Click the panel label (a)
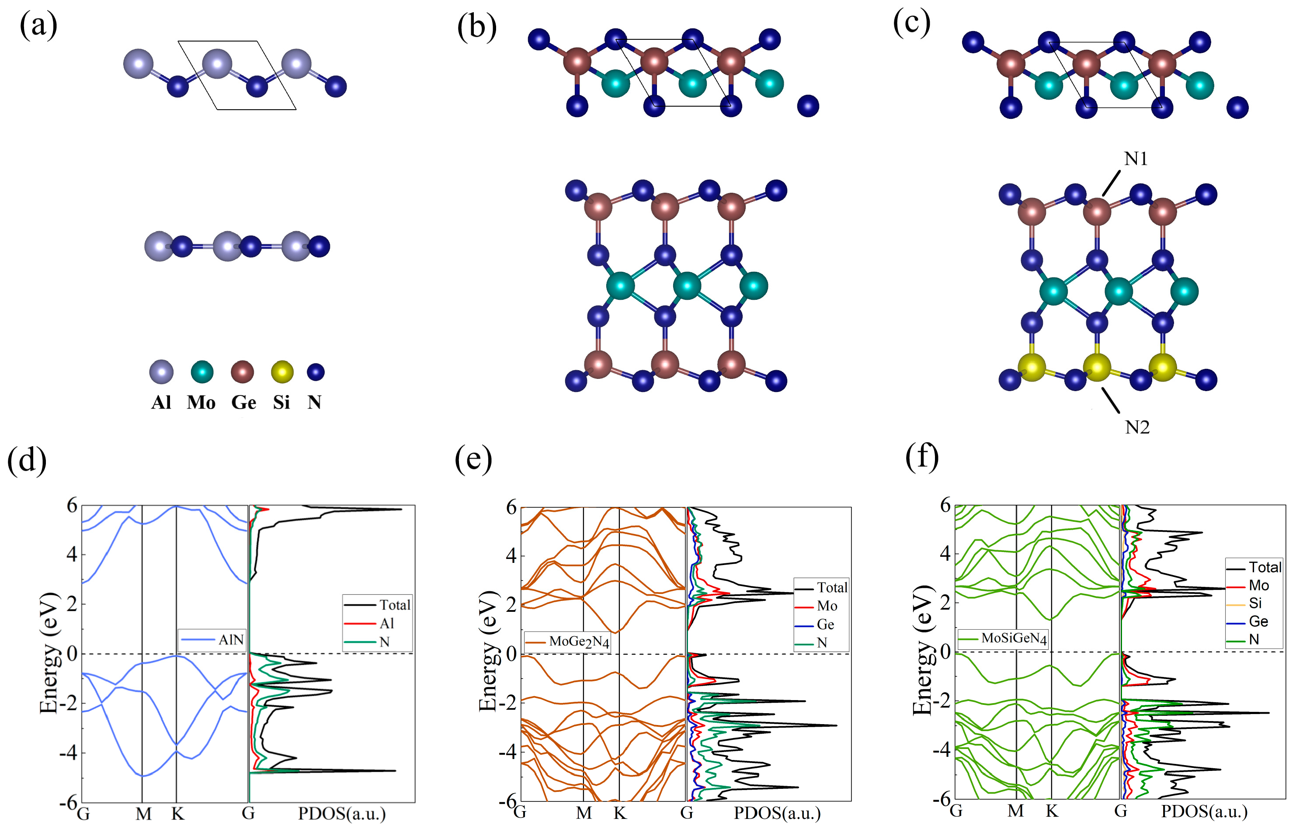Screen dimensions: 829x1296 [38, 25]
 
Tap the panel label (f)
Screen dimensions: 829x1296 [922, 457]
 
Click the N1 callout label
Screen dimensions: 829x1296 [1136, 159]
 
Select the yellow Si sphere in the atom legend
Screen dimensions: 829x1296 [282, 372]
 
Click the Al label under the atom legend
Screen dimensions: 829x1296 [161, 402]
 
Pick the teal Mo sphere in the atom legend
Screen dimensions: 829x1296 [202, 372]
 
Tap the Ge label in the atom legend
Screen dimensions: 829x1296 [243, 402]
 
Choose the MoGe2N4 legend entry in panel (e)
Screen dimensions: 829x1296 [579, 642]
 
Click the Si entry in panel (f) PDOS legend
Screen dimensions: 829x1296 [1254, 604]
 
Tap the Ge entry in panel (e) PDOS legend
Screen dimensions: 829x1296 [825, 624]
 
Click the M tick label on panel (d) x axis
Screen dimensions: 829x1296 [143, 814]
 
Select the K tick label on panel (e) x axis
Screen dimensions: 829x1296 [620, 813]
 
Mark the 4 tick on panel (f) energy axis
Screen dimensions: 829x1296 [945, 553]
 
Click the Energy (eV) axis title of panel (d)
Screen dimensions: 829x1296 [49, 653]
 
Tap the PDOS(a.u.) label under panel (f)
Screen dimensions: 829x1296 [1204, 811]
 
